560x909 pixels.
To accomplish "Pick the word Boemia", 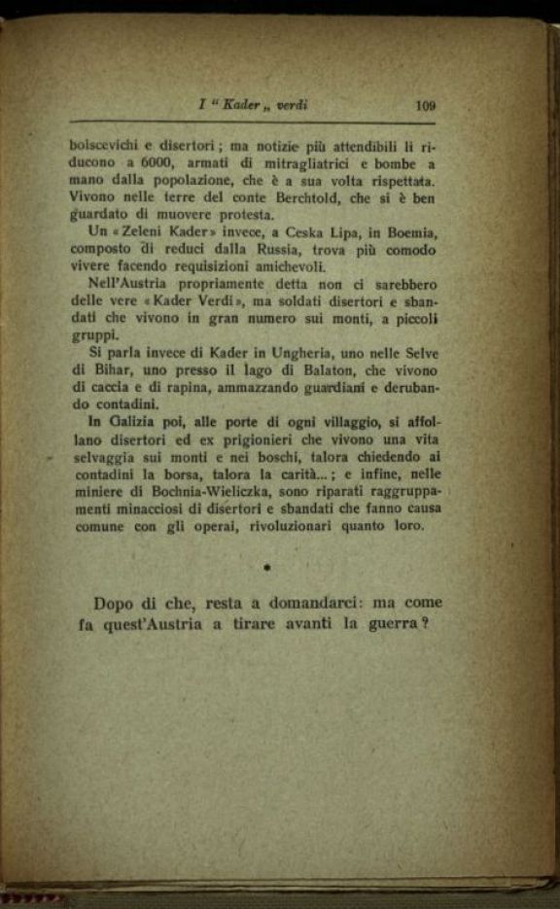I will [411, 233].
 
